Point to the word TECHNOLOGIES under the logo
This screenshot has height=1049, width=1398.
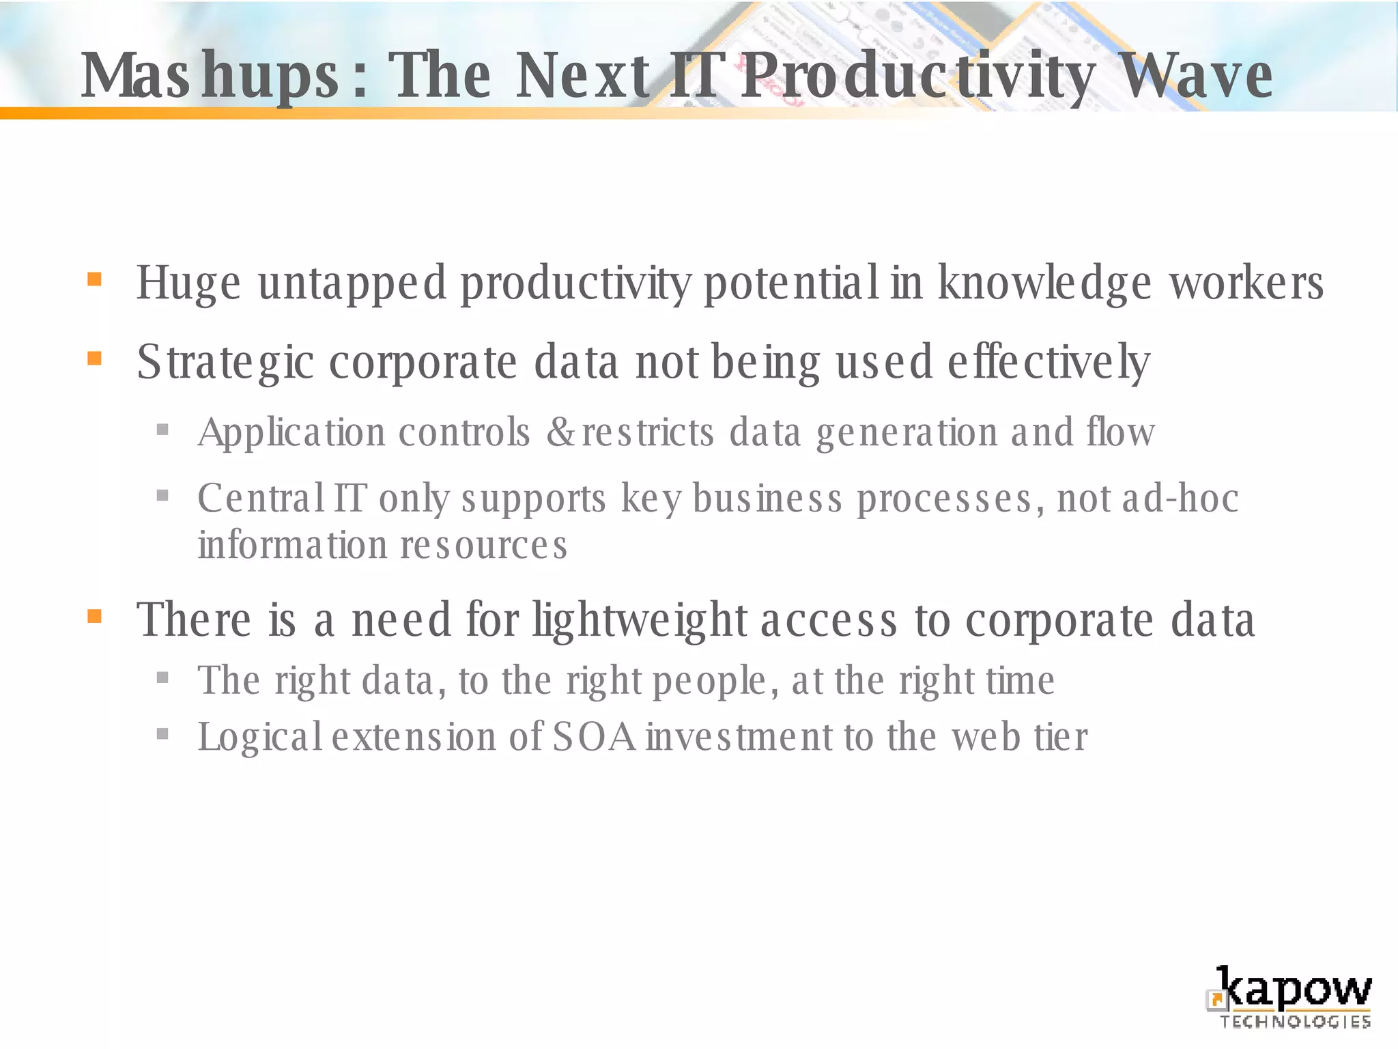[x=1295, y=1022]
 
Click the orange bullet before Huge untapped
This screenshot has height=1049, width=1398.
[x=94, y=279]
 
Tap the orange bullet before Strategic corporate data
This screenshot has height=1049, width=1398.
[x=94, y=359]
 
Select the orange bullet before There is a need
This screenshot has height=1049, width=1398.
[x=94, y=617]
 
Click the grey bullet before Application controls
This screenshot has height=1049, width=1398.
[x=162, y=430]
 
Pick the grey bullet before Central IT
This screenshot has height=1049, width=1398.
[x=162, y=495]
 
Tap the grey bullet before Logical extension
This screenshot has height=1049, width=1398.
[x=162, y=735]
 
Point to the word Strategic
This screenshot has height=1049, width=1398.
[x=225, y=363]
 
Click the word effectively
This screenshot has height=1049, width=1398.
[x=1048, y=363]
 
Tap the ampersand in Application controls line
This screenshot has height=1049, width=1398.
[x=561, y=433]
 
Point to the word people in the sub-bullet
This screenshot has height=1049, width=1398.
[x=710, y=682]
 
